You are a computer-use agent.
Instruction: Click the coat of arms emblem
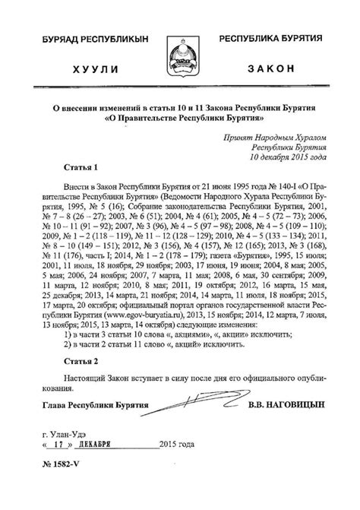click(x=180, y=52)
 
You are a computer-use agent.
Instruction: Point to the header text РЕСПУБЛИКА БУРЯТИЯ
click(x=270, y=37)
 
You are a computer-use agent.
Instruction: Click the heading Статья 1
click(x=78, y=166)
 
